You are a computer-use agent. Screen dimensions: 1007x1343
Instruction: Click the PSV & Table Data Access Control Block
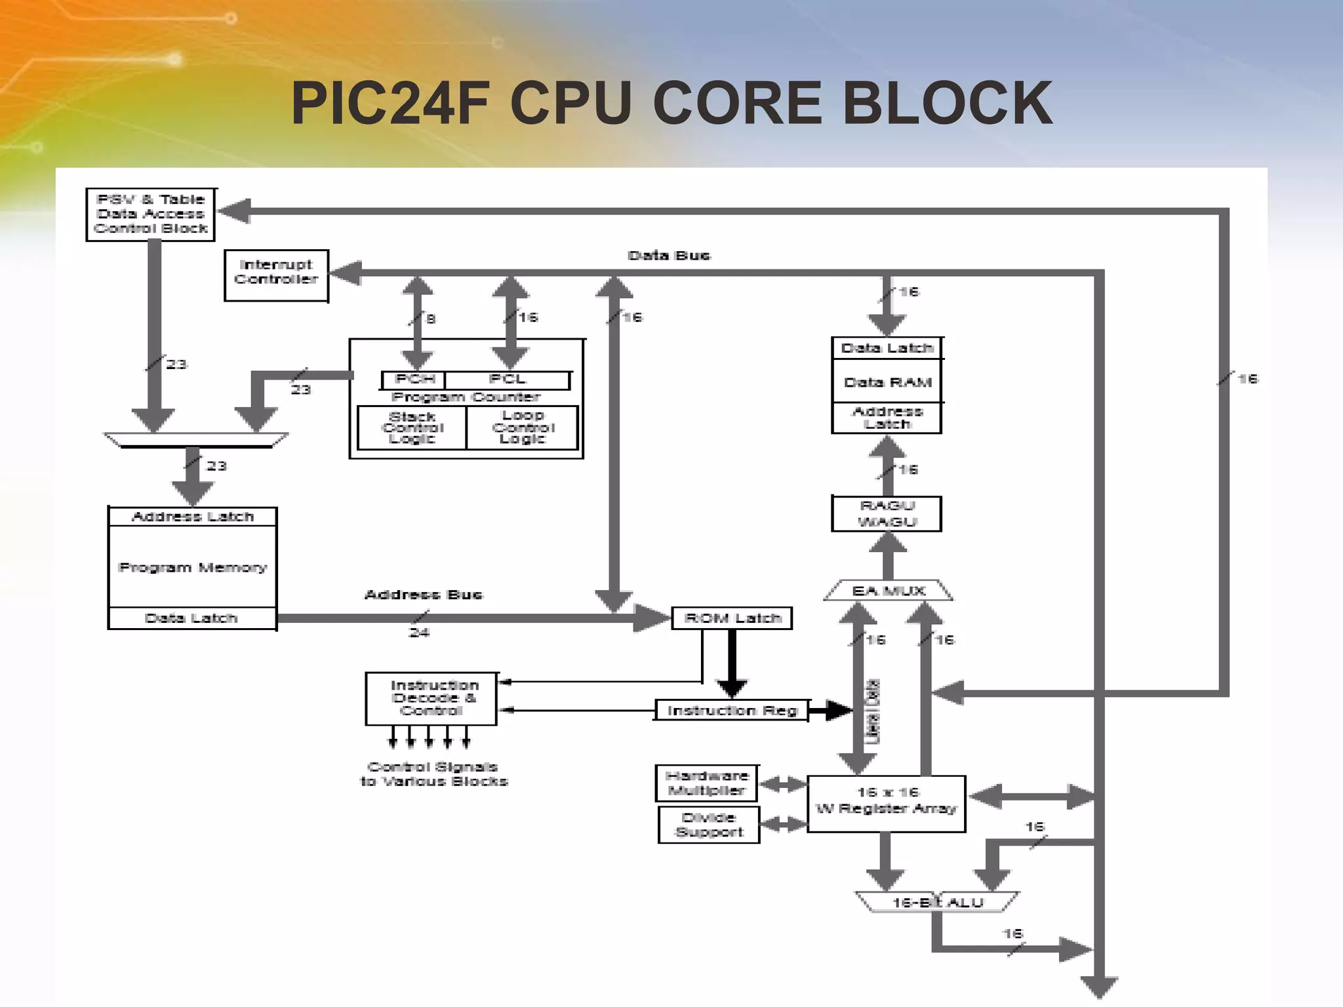(151, 214)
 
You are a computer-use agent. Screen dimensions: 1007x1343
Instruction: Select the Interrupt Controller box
(276, 275)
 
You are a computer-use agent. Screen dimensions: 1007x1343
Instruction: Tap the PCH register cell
(414, 380)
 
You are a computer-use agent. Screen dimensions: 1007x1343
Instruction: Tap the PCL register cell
(508, 380)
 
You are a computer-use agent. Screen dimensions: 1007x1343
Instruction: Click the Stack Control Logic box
(412, 427)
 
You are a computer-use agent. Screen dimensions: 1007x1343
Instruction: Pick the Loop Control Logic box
(523, 427)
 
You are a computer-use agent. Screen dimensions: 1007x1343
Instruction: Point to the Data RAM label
(887, 382)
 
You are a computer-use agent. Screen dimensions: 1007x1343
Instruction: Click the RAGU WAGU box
(887, 514)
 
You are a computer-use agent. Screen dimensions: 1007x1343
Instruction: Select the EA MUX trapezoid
(888, 591)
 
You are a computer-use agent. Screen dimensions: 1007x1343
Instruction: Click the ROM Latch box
(732, 618)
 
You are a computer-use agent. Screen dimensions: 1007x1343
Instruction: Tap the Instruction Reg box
(732, 711)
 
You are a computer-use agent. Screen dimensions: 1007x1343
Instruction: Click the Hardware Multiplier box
(707, 783)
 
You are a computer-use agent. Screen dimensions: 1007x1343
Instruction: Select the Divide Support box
(709, 825)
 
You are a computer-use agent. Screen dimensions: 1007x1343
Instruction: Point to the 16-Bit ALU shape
(938, 903)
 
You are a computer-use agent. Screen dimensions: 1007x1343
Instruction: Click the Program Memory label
(193, 568)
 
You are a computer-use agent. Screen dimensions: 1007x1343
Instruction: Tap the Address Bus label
(424, 595)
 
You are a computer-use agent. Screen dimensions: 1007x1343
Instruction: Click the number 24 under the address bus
(419, 633)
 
